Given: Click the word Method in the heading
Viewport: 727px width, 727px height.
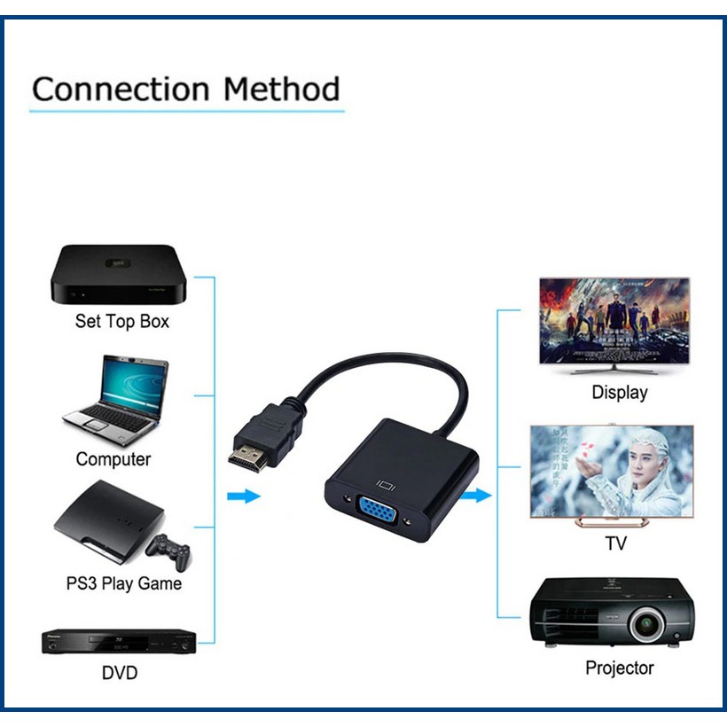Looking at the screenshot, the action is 281,90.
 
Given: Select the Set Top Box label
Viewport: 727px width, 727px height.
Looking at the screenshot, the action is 121,321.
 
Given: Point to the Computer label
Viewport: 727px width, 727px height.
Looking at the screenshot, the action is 113,459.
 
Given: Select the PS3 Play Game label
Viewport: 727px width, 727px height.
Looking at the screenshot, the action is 123,583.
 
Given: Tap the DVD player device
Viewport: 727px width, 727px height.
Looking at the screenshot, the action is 118,641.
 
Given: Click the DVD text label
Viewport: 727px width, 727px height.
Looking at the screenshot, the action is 120,673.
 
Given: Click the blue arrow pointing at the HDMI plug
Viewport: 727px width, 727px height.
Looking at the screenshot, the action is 243,496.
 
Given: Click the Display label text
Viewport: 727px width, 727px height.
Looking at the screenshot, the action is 620,392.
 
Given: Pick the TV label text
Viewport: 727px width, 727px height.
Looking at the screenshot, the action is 615,543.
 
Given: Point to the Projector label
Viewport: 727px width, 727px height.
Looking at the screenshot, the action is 620,668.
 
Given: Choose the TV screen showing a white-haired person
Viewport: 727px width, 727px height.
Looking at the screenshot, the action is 611,471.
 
